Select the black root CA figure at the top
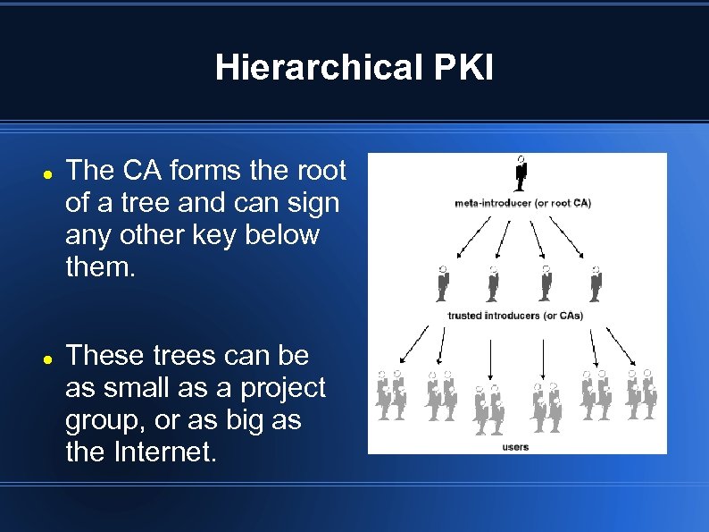[x=521, y=173]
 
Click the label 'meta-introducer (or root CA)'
[x=522, y=203]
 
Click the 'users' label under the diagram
[x=515, y=446]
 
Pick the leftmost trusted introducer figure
[x=441, y=283]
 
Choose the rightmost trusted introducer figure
[x=596, y=283]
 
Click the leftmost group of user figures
[x=390, y=394]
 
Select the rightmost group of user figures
[x=640, y=394]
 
